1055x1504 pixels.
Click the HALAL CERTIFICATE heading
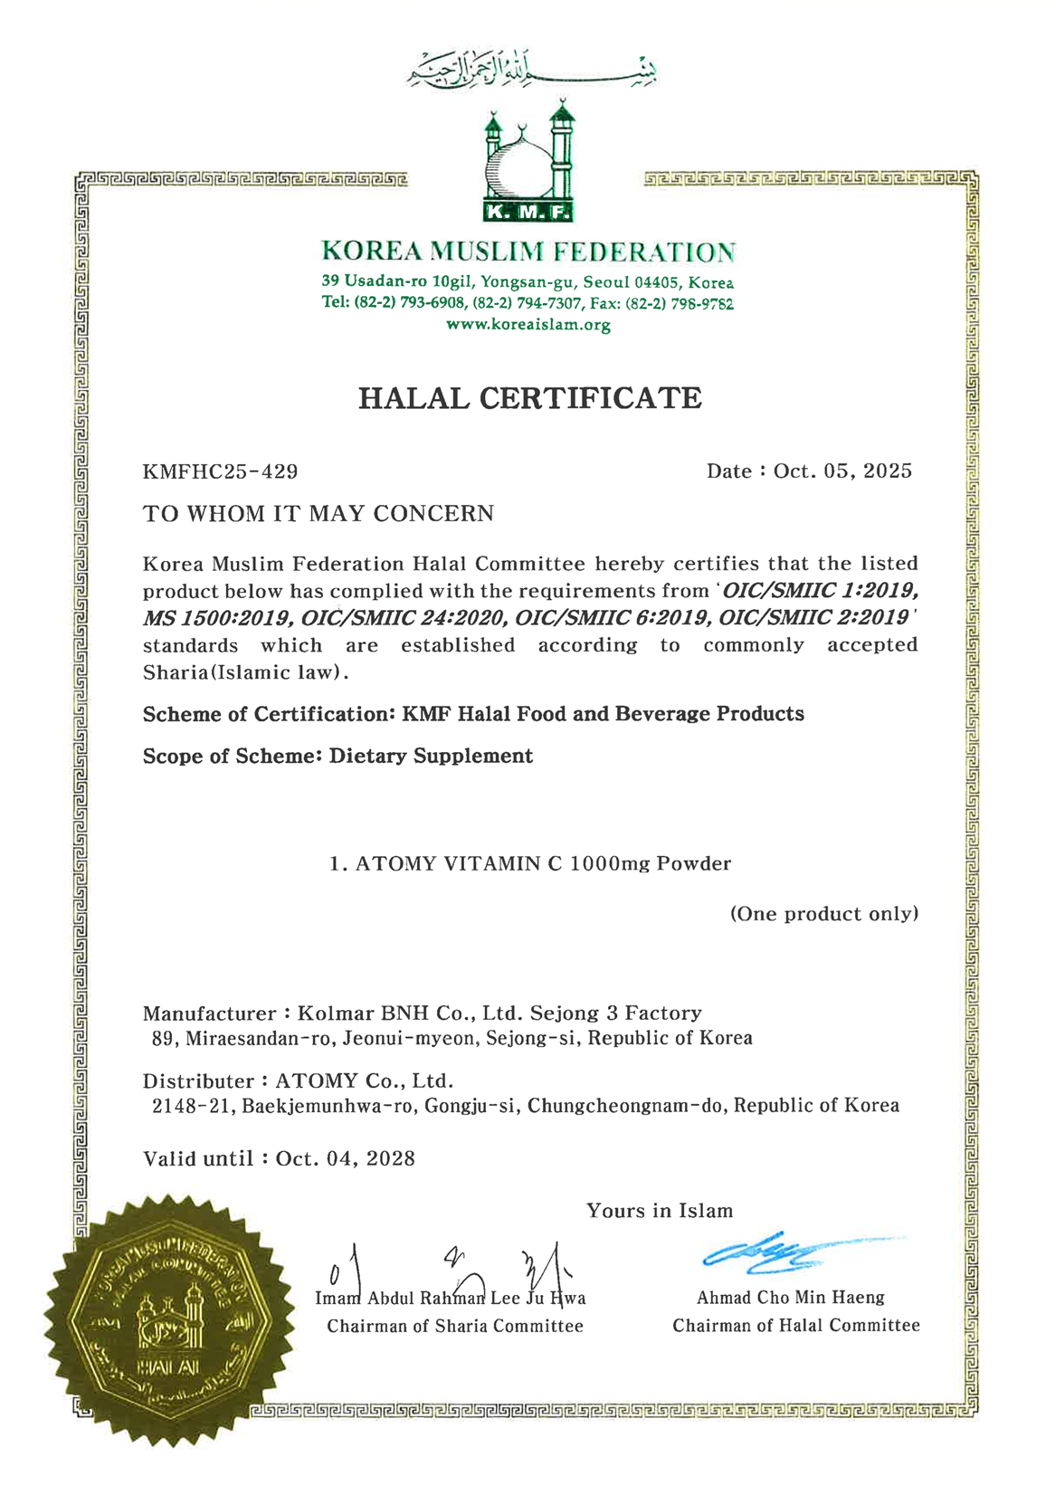click(529, 398)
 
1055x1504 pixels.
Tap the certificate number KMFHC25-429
click(220, 471)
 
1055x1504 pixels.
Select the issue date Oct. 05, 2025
click(842, 471)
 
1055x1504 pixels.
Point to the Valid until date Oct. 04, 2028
click(345, 1158)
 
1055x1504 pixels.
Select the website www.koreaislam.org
click(528, 325)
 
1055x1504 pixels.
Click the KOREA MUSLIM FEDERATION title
click(528, 251)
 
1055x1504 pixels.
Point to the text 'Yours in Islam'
click(660, 1211)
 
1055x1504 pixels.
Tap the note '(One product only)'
click(824, 914)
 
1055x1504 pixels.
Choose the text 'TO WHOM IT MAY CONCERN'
click(318, 514)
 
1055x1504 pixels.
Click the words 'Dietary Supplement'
click(431, 756)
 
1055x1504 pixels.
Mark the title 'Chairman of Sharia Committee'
click(455, 1327)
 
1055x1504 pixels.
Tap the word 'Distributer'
click(198, 1081)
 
